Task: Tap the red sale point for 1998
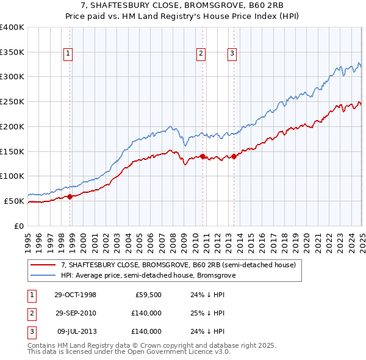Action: [x=70, y=196]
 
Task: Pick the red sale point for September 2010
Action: [x=203, y=156]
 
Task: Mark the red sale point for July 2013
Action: [x=234, y=156]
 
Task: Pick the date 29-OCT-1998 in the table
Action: [x=75, y=295]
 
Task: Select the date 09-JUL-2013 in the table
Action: [x=75, y=331]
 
